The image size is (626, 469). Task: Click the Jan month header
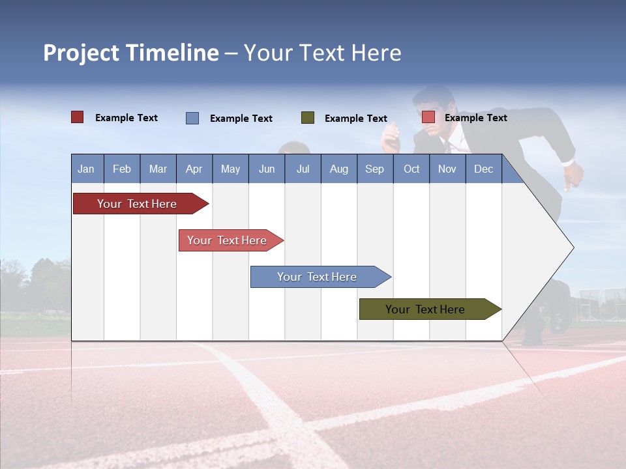[87, 169]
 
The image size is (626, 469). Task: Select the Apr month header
[194, 169]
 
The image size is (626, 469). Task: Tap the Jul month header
[303, 169]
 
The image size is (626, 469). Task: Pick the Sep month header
[375, 169]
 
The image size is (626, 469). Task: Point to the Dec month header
[484, 169]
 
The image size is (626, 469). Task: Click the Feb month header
[122, 169]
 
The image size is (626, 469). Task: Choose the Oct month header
[411, 169]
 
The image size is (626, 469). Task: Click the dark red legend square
[78, 117]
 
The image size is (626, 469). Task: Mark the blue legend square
[192, 118]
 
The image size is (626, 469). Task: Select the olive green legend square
[308, 118]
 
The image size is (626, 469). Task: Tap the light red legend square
[428, 117]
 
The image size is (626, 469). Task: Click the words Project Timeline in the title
[131, 53]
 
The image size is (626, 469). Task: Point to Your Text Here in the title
[323, 53]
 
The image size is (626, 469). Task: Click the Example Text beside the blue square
[241, 119]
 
